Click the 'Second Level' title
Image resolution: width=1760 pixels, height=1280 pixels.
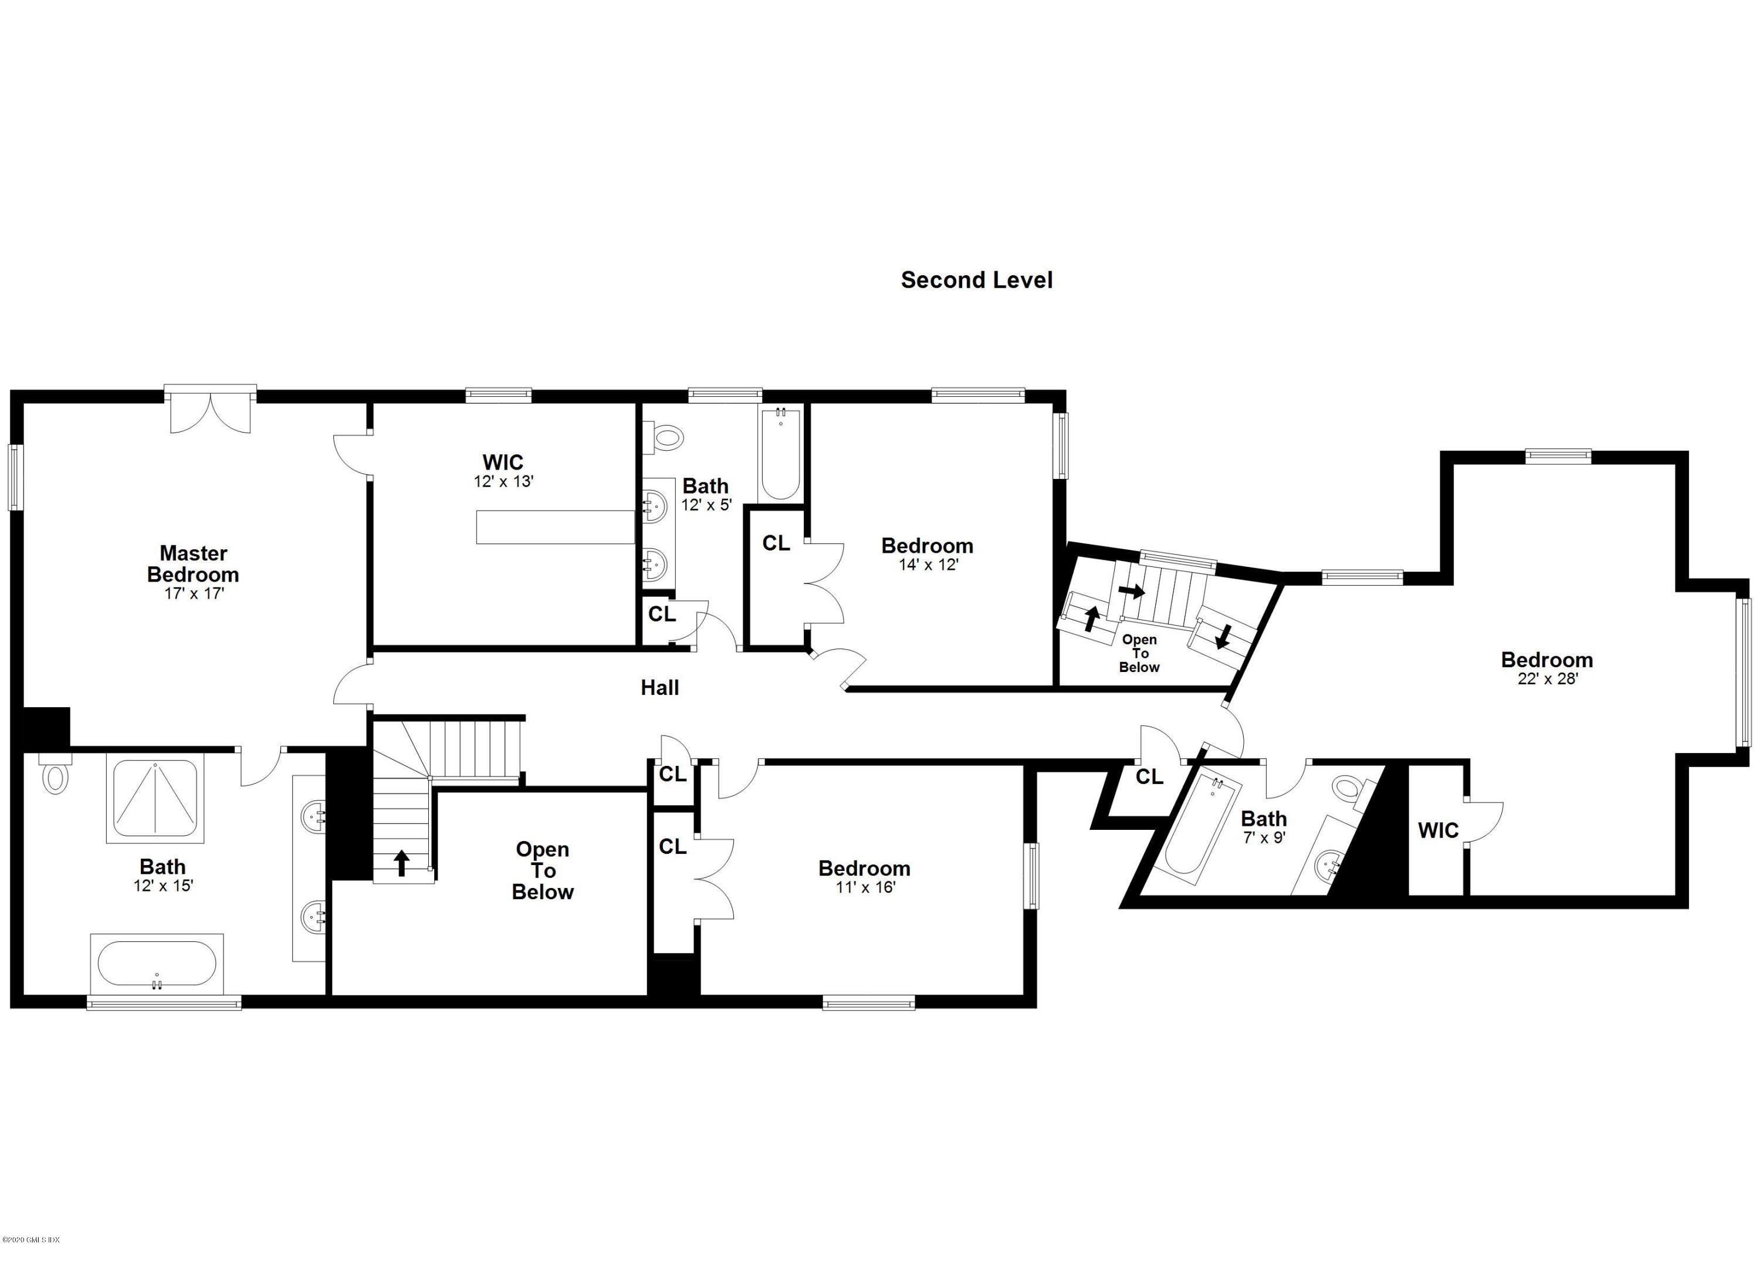[x=976, y=280]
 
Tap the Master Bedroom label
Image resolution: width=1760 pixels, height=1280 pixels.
[x=192, y=565]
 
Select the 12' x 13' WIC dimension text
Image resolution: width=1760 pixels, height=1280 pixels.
[x=503, y=481]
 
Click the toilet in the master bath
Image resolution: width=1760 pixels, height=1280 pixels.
[x=55, y=776]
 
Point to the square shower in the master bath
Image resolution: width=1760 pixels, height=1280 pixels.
[x=155, y=799]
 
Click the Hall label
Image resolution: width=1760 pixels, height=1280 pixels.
[x=659, y=688]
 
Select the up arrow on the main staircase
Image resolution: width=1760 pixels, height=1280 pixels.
[x=401, y=862]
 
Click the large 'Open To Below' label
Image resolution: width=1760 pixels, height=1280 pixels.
[x=543, y=870]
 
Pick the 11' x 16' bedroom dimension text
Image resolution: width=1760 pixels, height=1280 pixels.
[x=865, y=887]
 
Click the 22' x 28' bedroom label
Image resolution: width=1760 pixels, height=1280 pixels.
[x=1546, y=661]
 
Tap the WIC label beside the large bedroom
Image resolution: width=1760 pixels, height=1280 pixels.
[x=1438, y=830]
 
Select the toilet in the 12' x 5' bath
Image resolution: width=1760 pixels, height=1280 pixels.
[x=666, y=437]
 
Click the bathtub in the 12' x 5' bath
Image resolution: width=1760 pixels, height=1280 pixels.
[x=780, y=454]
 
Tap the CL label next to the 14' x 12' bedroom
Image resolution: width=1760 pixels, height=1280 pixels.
[x=775, y=543]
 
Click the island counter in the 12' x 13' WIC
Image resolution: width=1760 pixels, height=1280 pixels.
[x=555, y=527]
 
